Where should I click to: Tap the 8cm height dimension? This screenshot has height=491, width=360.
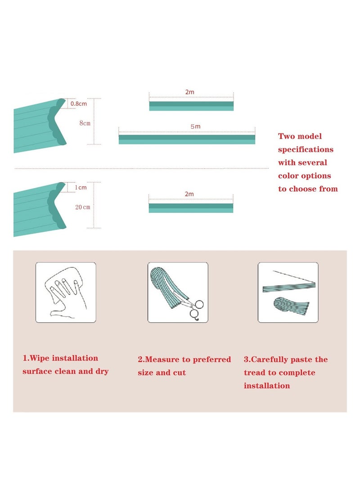click(85, 123)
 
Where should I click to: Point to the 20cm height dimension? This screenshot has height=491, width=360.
click(83, 207)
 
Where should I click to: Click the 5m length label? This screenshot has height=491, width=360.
click(195, 127)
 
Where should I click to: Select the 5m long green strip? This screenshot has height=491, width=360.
click(187, 139)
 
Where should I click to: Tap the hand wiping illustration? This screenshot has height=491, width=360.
click(66, 292)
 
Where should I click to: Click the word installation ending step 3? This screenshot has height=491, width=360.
click(267, 386)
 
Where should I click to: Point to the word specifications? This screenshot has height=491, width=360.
click(306, 149)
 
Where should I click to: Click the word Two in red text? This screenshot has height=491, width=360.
click(287, 136)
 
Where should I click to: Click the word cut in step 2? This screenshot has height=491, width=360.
click(179, 373)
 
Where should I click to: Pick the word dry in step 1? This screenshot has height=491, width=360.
click(101, 372)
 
